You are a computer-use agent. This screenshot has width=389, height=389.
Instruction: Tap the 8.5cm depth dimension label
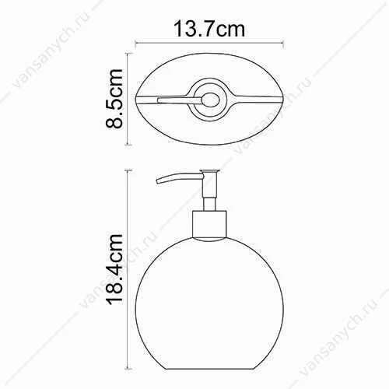coord(114,99)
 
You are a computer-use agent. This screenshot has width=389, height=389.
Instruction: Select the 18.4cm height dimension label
coord(114,269)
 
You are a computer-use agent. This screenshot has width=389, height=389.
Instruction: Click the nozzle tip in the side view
coord(158,181)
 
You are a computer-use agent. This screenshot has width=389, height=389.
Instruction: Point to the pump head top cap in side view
coord(210,170)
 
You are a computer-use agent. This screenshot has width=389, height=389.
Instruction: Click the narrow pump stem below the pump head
coord(209,205)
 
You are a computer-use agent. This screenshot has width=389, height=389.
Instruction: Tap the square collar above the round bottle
coord(209,225)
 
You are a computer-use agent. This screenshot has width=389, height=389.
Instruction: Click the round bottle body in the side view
coord(209,303)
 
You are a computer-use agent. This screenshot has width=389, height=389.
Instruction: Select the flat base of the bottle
coord(209,369)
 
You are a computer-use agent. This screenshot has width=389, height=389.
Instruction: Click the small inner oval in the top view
coord(211,100)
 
